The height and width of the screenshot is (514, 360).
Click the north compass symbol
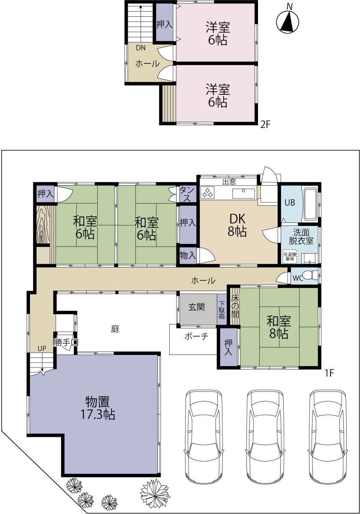click(x=288, y=22)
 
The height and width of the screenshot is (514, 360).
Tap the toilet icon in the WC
click(x=309, y=275)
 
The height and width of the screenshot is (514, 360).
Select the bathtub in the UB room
click(x=310, y=204)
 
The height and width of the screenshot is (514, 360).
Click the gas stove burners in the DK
click(x=207, y=192)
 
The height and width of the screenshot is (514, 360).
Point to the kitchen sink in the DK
click(x=243, y=193)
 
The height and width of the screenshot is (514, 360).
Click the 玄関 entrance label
click(x=197, y=307)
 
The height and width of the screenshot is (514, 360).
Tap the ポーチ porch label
click(x=196, y=337)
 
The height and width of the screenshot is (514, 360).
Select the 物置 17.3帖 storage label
click(x=98, y=408)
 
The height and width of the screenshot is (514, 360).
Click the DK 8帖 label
click(x=237, y=225)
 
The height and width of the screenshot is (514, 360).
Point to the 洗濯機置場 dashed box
click(x=290, y=256)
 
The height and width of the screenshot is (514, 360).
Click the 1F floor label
click(x=329, y=373)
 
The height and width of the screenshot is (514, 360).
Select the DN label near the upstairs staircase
click(x=141, y=48)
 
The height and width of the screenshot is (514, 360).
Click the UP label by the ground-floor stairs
click(x=42, y=349)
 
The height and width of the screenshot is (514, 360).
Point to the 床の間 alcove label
click(x=235, y=307)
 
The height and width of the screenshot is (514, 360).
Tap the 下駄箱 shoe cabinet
click(x=222, y=310)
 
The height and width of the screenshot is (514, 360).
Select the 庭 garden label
click(x=115, y=329)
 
